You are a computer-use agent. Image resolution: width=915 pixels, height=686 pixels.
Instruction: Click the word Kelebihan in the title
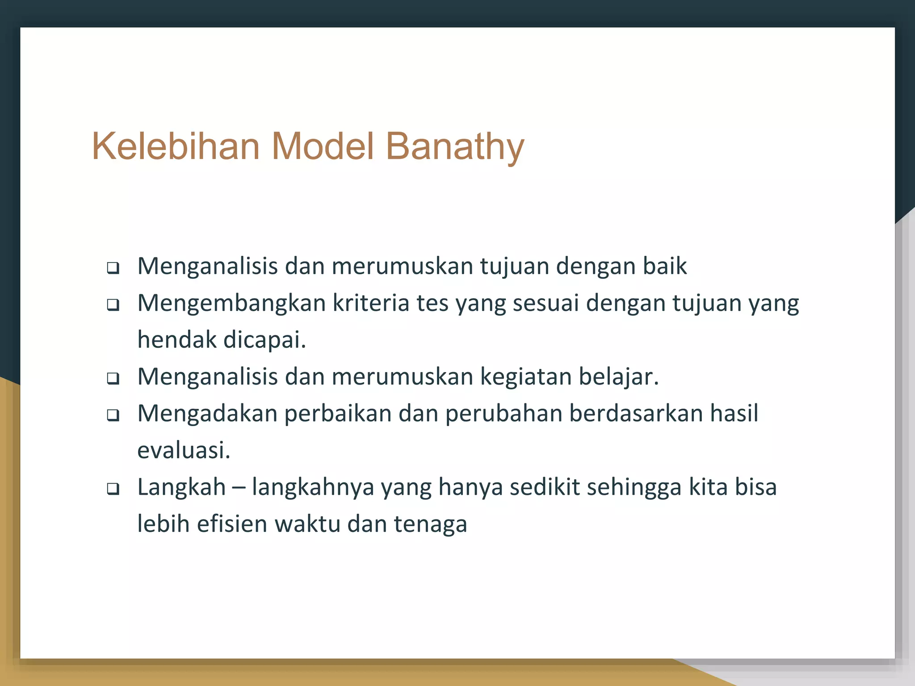tap(176, 146)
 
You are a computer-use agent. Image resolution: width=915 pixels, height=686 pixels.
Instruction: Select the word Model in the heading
tap(323, 146)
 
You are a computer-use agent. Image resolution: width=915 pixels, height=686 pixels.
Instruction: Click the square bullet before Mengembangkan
tap(113, 305)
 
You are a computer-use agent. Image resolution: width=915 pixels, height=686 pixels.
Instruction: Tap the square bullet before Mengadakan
tap(113, 416)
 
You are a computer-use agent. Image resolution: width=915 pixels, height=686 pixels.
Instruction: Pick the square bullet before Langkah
tap(113, 489)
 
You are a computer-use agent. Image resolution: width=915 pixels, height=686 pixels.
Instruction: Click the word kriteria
tap(371, 303)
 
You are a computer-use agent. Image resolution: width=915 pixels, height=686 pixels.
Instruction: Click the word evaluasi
tap(184, 450)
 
